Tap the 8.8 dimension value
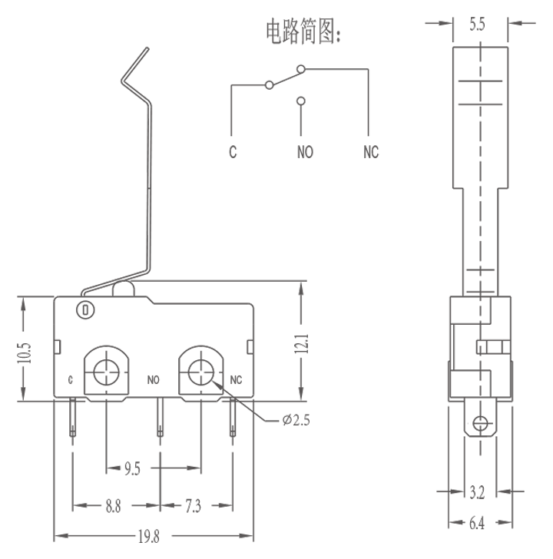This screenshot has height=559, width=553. click(113, 505)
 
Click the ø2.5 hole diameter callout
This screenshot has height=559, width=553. click(296, 419)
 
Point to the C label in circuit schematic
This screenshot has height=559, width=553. click(232, 151)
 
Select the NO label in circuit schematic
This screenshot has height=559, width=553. click(305, 151)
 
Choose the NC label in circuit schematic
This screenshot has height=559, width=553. click(371, 151)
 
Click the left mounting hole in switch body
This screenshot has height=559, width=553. click(104, 371)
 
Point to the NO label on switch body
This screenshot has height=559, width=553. click(154, 379)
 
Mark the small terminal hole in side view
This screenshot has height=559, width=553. click(481, 423)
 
